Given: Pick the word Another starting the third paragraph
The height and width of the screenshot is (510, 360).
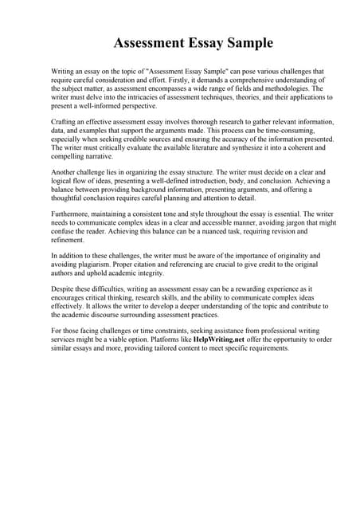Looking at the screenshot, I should [x=66, y=171].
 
